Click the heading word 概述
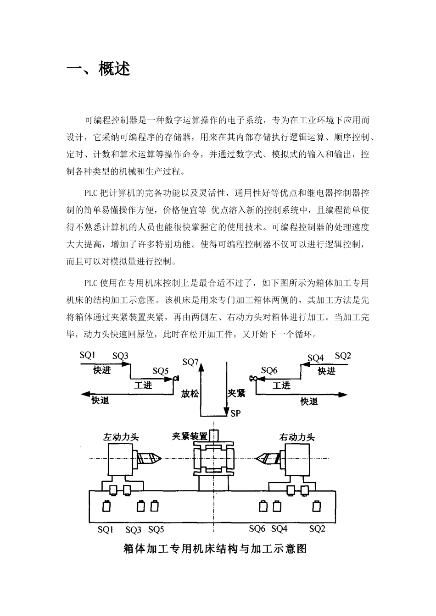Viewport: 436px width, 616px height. coord(114,69)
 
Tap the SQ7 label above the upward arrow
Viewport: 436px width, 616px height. coord(190,362)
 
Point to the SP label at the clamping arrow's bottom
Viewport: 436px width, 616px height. coord(235,413)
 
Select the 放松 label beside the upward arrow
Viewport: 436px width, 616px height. coord(190,393)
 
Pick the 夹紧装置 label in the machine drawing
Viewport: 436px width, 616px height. coord(189,435)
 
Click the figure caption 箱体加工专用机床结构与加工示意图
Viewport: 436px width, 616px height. coord(215,549)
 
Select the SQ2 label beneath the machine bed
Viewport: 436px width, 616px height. coord(317,529)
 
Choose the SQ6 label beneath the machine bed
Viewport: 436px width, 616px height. coord(257,529)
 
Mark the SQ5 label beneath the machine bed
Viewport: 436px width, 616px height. coord(156,530)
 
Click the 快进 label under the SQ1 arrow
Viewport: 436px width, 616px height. coord(102,370)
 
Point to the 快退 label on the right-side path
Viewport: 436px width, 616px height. coord(309,401)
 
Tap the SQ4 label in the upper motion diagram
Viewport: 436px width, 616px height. coord(316,357)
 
